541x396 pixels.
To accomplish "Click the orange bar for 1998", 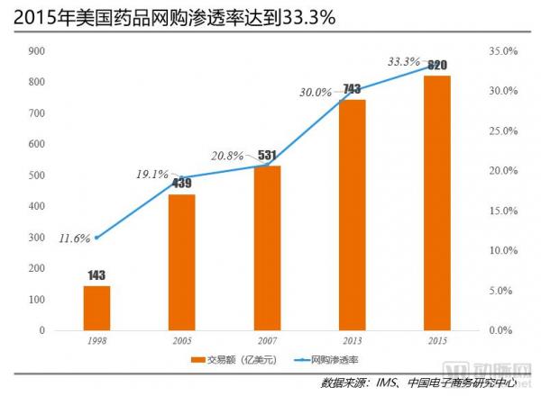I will click(96, 308).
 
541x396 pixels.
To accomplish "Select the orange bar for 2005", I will click(181, 262).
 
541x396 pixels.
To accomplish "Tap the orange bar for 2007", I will click(267, 247).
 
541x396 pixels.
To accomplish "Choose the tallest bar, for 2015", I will click(437, 202).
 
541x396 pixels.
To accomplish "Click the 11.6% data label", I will click(75, 238).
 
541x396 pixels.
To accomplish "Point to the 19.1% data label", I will click(151, 175).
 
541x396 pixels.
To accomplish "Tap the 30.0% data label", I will click(316, 91).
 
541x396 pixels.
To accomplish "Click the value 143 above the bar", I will click(96, 274).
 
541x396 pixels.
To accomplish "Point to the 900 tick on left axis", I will click(37, 51).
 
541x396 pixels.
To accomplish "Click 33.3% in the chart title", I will click(307, 18).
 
